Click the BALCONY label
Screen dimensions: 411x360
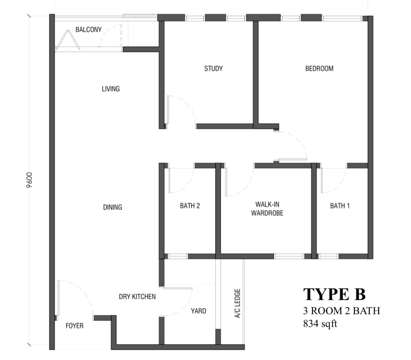pyautogui.click(x=89, y=29)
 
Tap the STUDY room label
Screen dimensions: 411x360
pyautogui.click(x=213, y=69)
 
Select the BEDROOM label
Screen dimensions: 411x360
pyautogui.click(x=319, y=69)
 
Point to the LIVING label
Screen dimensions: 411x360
pyautogui.click(x=111, y=89)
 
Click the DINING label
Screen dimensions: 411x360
pyautogui.click(x=113, y=207)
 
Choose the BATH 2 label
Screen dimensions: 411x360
pyautogui.click(x=190, y=206)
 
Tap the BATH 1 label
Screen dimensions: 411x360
pyautogui.click(x=340, y=206)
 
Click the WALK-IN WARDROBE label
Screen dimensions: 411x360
pyautogui.click(x=267, y=209)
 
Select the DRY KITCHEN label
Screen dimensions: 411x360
pyautogui.click(x=137, y=297)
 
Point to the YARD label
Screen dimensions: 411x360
pyautogui.click(x=198, y=311)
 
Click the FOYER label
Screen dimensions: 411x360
pyautogui.click(x=75, y=326)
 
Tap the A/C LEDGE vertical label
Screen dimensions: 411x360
pyautogui.click(x=237, y=303)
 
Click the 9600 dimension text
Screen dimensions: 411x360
pyautogui.click(x=30, y=180)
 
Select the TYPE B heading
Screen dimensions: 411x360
pyautogui.click(x=335, y=294)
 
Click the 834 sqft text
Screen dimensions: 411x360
pyautogui.click(x=320, y=324)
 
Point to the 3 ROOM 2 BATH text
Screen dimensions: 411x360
pyautogui.click(x=342, y=311)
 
